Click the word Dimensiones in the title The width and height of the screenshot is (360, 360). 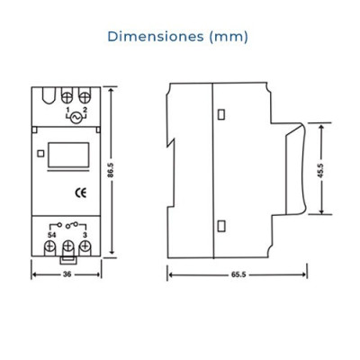click(156, 37)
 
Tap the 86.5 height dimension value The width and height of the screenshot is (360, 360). click(111, 170)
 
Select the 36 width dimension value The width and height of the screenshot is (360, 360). click(67, 274)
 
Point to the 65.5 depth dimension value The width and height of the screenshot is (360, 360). click(238, 274)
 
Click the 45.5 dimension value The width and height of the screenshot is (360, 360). click(320, 170)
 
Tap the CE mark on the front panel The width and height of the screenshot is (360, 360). click(81, 193)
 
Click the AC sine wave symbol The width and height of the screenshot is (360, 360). click(75, 118)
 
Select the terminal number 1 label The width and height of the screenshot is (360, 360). click(67, 109)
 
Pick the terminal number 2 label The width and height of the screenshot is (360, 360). click(85, 110)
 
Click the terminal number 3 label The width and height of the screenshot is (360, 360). click(85, 235)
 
